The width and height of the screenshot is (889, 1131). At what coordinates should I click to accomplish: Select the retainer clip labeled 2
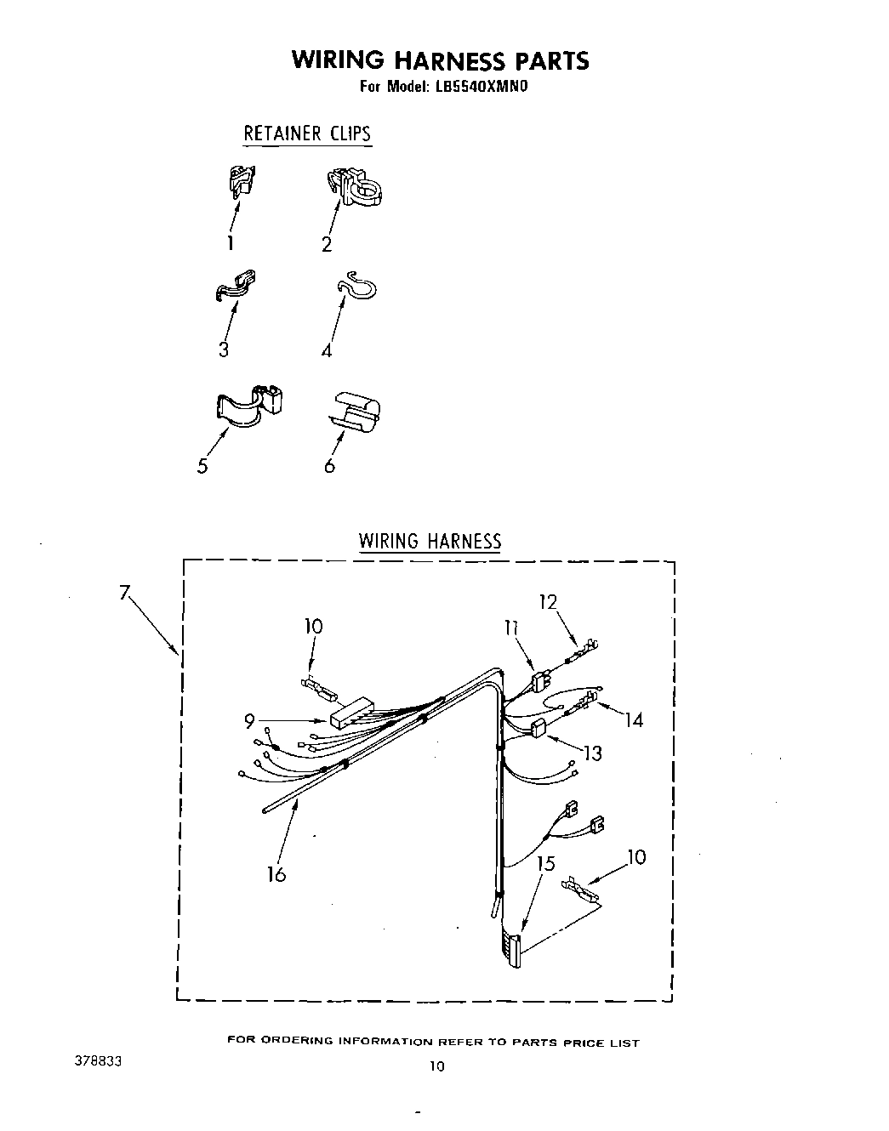point(355,187)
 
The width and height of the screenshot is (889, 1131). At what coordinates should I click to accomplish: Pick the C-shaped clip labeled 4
point(356,287)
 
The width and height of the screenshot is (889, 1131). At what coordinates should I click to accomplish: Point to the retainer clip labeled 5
point(247,404)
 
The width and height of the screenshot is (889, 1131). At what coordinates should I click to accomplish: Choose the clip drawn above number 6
point(355,412)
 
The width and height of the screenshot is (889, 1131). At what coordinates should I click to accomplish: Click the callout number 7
point(124,593)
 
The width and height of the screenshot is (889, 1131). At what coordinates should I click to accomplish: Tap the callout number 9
point(249,721)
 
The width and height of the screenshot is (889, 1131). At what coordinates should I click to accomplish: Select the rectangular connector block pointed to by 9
point(350,713)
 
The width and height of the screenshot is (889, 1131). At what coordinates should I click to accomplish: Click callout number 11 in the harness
point(511,628)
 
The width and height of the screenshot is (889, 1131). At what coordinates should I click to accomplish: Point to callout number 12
point(548,602)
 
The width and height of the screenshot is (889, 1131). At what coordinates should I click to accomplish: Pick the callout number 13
point(593,753)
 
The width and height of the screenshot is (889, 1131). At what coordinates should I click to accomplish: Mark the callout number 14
point(633,720)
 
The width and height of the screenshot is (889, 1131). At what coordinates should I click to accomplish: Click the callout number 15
point(545,864)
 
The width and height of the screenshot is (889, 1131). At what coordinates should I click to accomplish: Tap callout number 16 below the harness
point(276,873)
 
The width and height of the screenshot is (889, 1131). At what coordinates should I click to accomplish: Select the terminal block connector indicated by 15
point(512,948)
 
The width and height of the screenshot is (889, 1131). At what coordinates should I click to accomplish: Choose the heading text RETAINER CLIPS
point(307,134)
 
